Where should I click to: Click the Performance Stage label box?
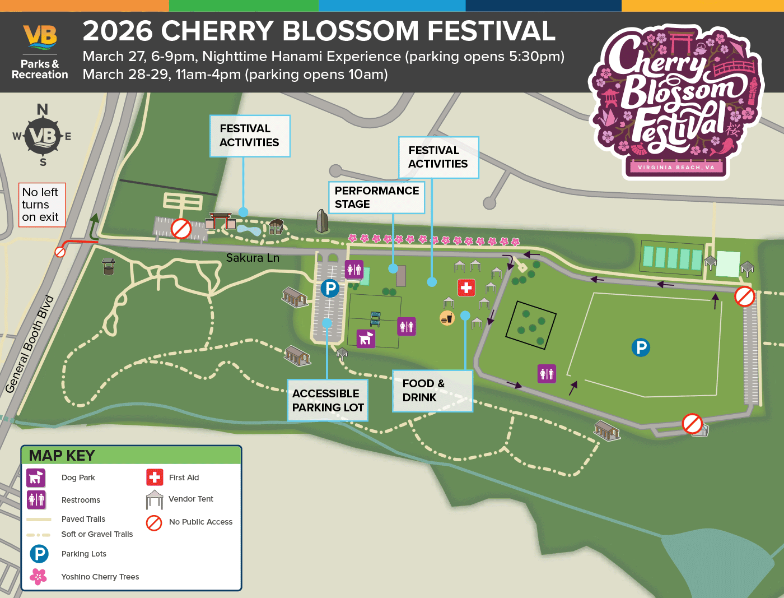point(376,197)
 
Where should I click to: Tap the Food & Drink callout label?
point(432,391)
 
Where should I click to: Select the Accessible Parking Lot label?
point(328,400)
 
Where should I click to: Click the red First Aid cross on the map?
point(466,288)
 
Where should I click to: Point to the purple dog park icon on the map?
point(366,339)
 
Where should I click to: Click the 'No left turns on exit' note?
point(42,205)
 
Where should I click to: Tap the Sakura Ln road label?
point(253,258)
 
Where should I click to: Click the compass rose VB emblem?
point(43,136)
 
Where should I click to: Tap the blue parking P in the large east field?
point(641,347)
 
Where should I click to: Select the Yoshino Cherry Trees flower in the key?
point(38,576)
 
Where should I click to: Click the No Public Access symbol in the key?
point(154,522)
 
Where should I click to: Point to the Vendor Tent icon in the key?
point(155,499)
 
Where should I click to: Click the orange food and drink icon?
point(447,318)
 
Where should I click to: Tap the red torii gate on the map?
point(220,220)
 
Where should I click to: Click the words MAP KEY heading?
point(62,456)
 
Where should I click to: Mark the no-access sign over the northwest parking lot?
point(181,229)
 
